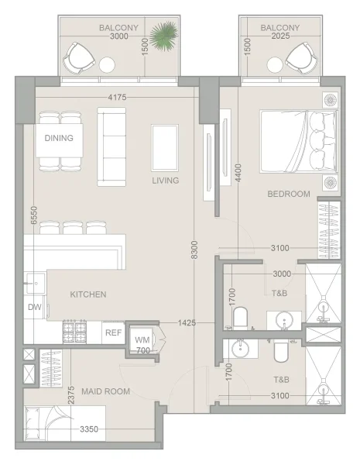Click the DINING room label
[x=59, y=139]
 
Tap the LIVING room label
[x=165, y=181]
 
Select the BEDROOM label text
[x=289, y=194]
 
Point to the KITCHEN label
[x=88, y=294]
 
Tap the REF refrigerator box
[x=114, y=332]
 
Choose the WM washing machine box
[x=142, y=339]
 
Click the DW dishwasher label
[x=34, y=308]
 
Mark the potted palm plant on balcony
[x=164, y=35]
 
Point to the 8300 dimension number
[x=195, y=250]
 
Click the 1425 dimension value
[x=186, y=322]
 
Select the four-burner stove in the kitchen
[x=75, y=332]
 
